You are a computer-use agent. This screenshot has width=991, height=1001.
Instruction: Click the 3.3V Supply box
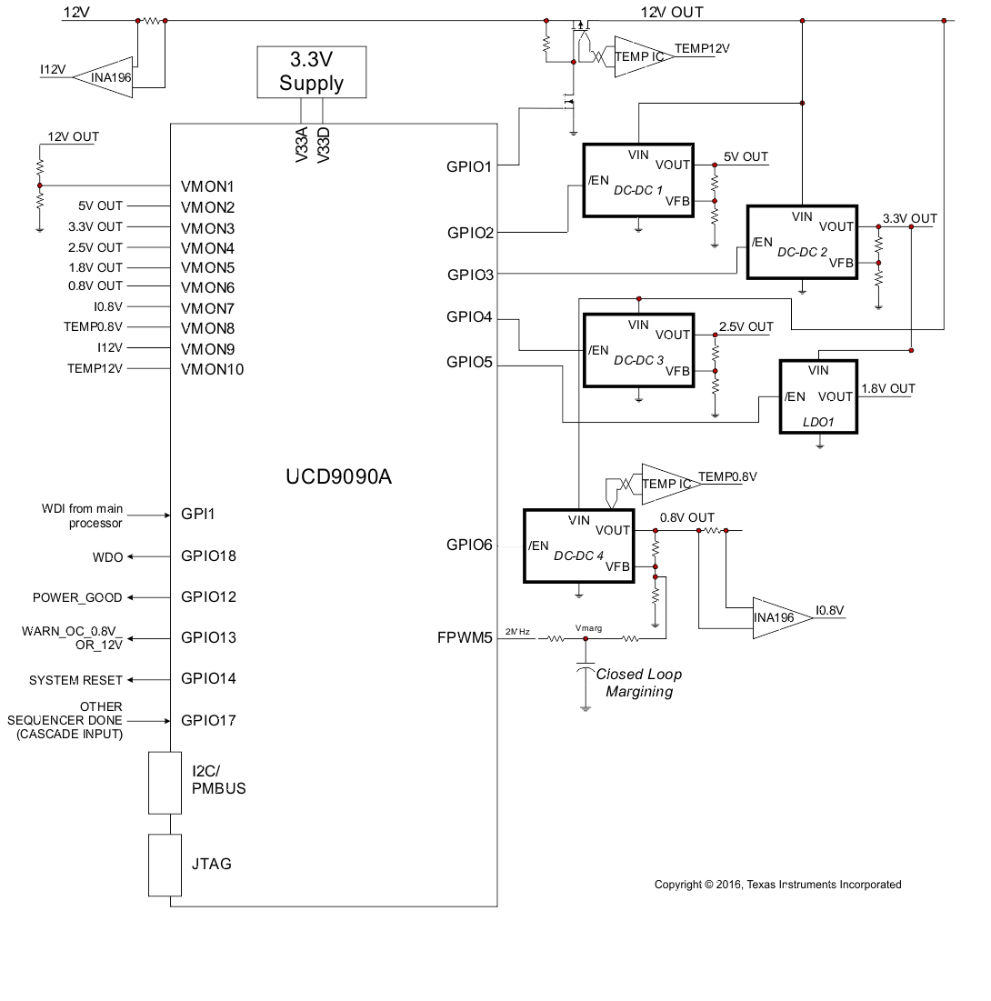(x=312, y=72)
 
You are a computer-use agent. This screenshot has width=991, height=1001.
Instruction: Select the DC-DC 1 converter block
(x=637, y=180)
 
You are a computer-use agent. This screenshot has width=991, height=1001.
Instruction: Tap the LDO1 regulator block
(x=818, y=396)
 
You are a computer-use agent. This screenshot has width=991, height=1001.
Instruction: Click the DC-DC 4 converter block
(x=578, y=546)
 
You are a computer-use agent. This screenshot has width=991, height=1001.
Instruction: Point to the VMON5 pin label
(x=207, y=268)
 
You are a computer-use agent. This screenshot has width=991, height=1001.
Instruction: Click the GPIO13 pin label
(x=208, y=637)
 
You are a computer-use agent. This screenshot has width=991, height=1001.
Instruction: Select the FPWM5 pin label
(x=465, y=637)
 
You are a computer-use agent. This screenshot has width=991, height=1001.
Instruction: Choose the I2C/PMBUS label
(x=218, y=780)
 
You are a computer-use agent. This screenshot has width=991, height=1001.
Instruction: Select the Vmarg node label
(x=588, y=628)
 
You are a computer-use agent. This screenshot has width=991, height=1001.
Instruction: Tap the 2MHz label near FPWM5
(x=516, y=631)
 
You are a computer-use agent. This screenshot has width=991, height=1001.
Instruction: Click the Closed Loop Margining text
(x=638, y=683)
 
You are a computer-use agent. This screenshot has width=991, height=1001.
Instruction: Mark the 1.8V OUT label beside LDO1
(x=887, y=388)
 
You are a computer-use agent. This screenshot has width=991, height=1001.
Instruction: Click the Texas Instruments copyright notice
(x=777, y=885)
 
